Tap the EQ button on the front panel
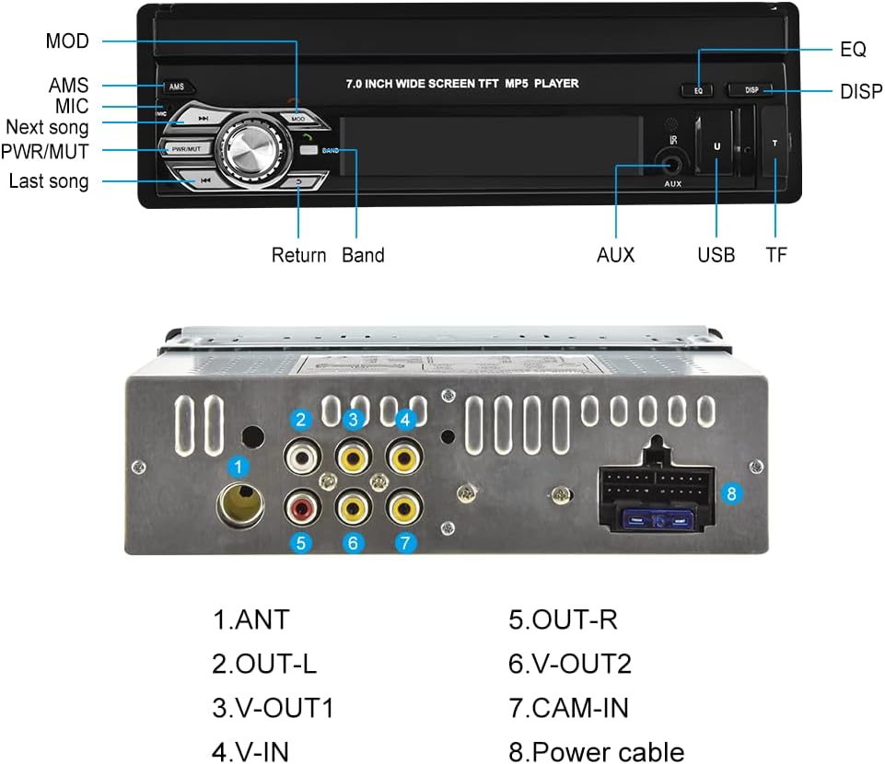coord(698,90)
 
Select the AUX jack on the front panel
coord(672,166)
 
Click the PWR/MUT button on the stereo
coord(186,149)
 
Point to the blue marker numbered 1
coord(239,467)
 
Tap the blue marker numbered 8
coord(731,493)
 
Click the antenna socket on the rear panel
coord(240,504)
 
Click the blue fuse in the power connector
coord(658,518)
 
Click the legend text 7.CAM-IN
coord(568,708)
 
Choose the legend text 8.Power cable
coord(596,752)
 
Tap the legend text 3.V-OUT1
coord(274,708)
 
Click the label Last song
coord(49,181)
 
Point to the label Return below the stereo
coord(298,255)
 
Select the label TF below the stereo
coord(776,255)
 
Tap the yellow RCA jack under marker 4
coord(404,457)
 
